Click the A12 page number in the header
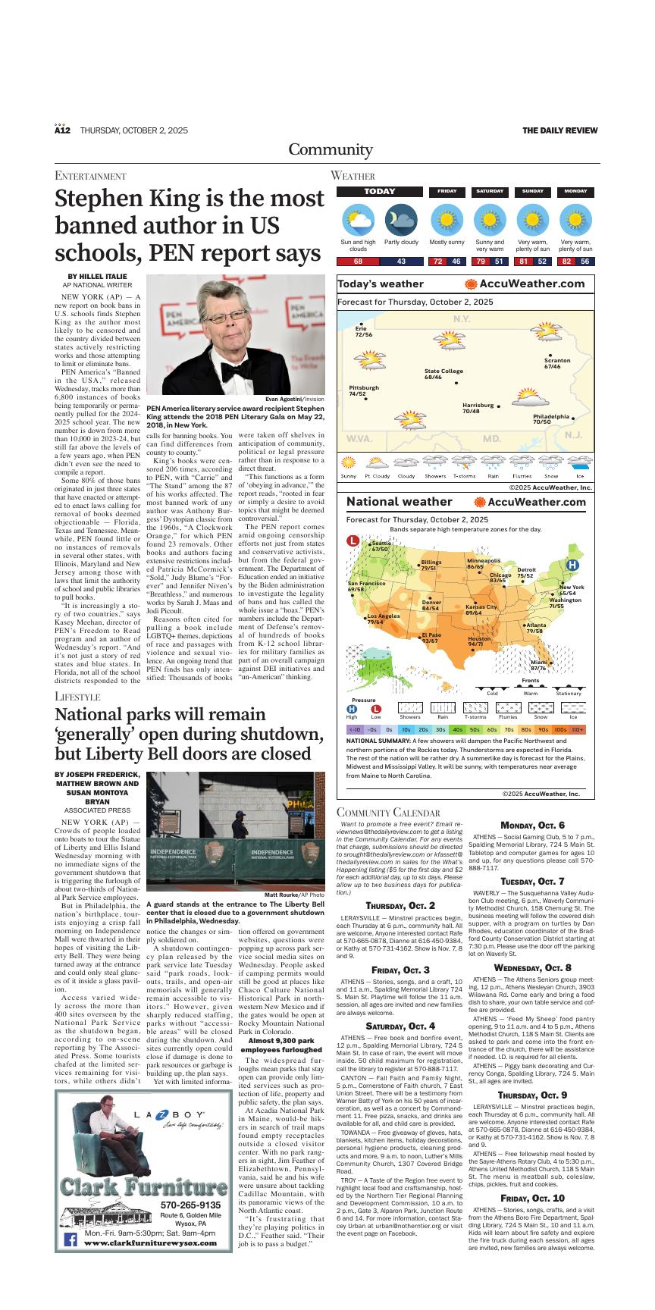coord(62,130)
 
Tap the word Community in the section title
coord(327,149)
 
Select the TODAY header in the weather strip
coord(379,192)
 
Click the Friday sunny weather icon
coord(447,221)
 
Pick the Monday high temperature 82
coord(566,262)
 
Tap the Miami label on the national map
coord(538,665)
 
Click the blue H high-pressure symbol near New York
coord(573,565)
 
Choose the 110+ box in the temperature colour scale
coord(578,729)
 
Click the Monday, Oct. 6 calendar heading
coord(532,825)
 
